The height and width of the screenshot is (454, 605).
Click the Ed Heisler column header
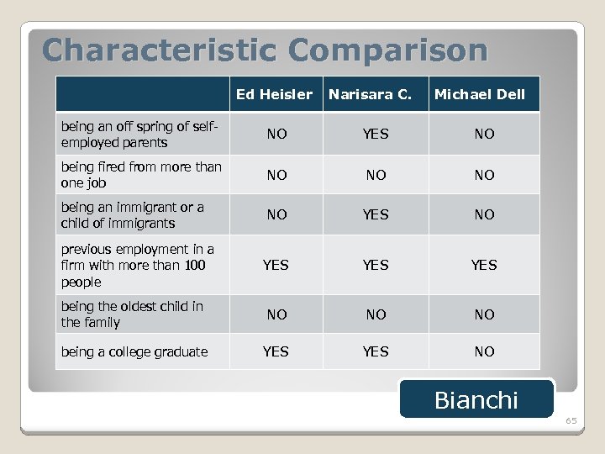click(275, 94)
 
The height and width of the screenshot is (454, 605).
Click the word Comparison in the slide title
click(382, 50)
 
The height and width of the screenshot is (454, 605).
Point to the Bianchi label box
click(476, 399)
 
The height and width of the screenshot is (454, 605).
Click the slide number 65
click(571, 420)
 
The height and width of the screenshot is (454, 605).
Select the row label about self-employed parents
click(139, 135)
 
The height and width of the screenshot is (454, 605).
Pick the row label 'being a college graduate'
click(134, 351)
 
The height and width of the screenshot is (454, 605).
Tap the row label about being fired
click(141, 174)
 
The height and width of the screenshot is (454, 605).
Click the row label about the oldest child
click(132, 314)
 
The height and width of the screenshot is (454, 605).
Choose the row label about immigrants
click(132, 214)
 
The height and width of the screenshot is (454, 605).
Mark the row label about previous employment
click(137, 265)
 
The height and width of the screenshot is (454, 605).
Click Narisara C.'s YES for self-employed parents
click(376, 134)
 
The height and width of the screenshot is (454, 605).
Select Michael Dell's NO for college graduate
click(484, 351)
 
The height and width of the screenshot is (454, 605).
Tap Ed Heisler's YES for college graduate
click(276, 351)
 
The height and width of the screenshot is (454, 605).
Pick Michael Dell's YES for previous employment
click(484, 265)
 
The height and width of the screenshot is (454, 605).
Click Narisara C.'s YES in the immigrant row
click(376, 214)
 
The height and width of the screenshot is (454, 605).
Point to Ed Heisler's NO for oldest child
click(276, 314)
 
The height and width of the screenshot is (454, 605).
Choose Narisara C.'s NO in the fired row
click(376, 175)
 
